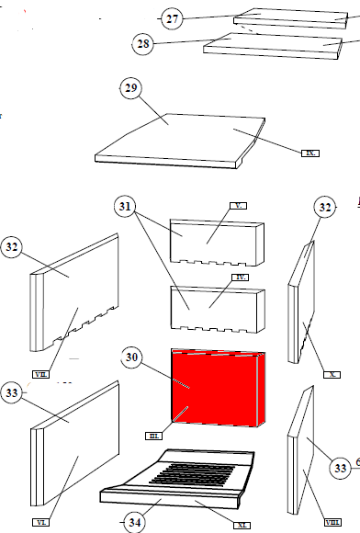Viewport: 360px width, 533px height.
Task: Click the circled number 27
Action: (x=172, y=18)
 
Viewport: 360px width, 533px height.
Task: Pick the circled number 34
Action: (x=135, y=522)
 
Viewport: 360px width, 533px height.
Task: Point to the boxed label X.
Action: (x=332, y=375)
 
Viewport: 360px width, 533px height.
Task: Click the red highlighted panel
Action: (x=216, y=386)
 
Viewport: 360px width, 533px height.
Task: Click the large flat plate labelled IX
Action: (x=184, y=138)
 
